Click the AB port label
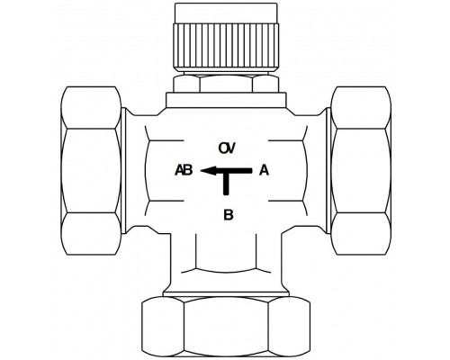(x=184, y=170)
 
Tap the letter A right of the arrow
(x=264, y=170)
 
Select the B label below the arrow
(x=229, y=215)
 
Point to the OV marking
(x=227, y=148)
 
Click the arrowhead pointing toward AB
(x=208, y=170)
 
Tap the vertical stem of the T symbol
(x=226, y=184)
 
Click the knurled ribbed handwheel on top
(x=226, y=47)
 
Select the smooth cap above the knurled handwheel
(x=226, y=13)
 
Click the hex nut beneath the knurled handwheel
(x=226, y=83)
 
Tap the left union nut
(x=91, y=171)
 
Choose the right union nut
(x=361, y=171)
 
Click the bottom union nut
(x=226, y=326)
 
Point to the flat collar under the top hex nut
(x=226, y=100)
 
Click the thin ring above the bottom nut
(x=226, y=293)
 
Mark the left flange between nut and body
(x=123, y=170)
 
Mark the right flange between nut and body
(x=328, y=170)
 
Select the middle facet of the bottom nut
(x=226, y=327)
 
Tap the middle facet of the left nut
(x=91, y=171)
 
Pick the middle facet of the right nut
(x=361, y=171)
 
